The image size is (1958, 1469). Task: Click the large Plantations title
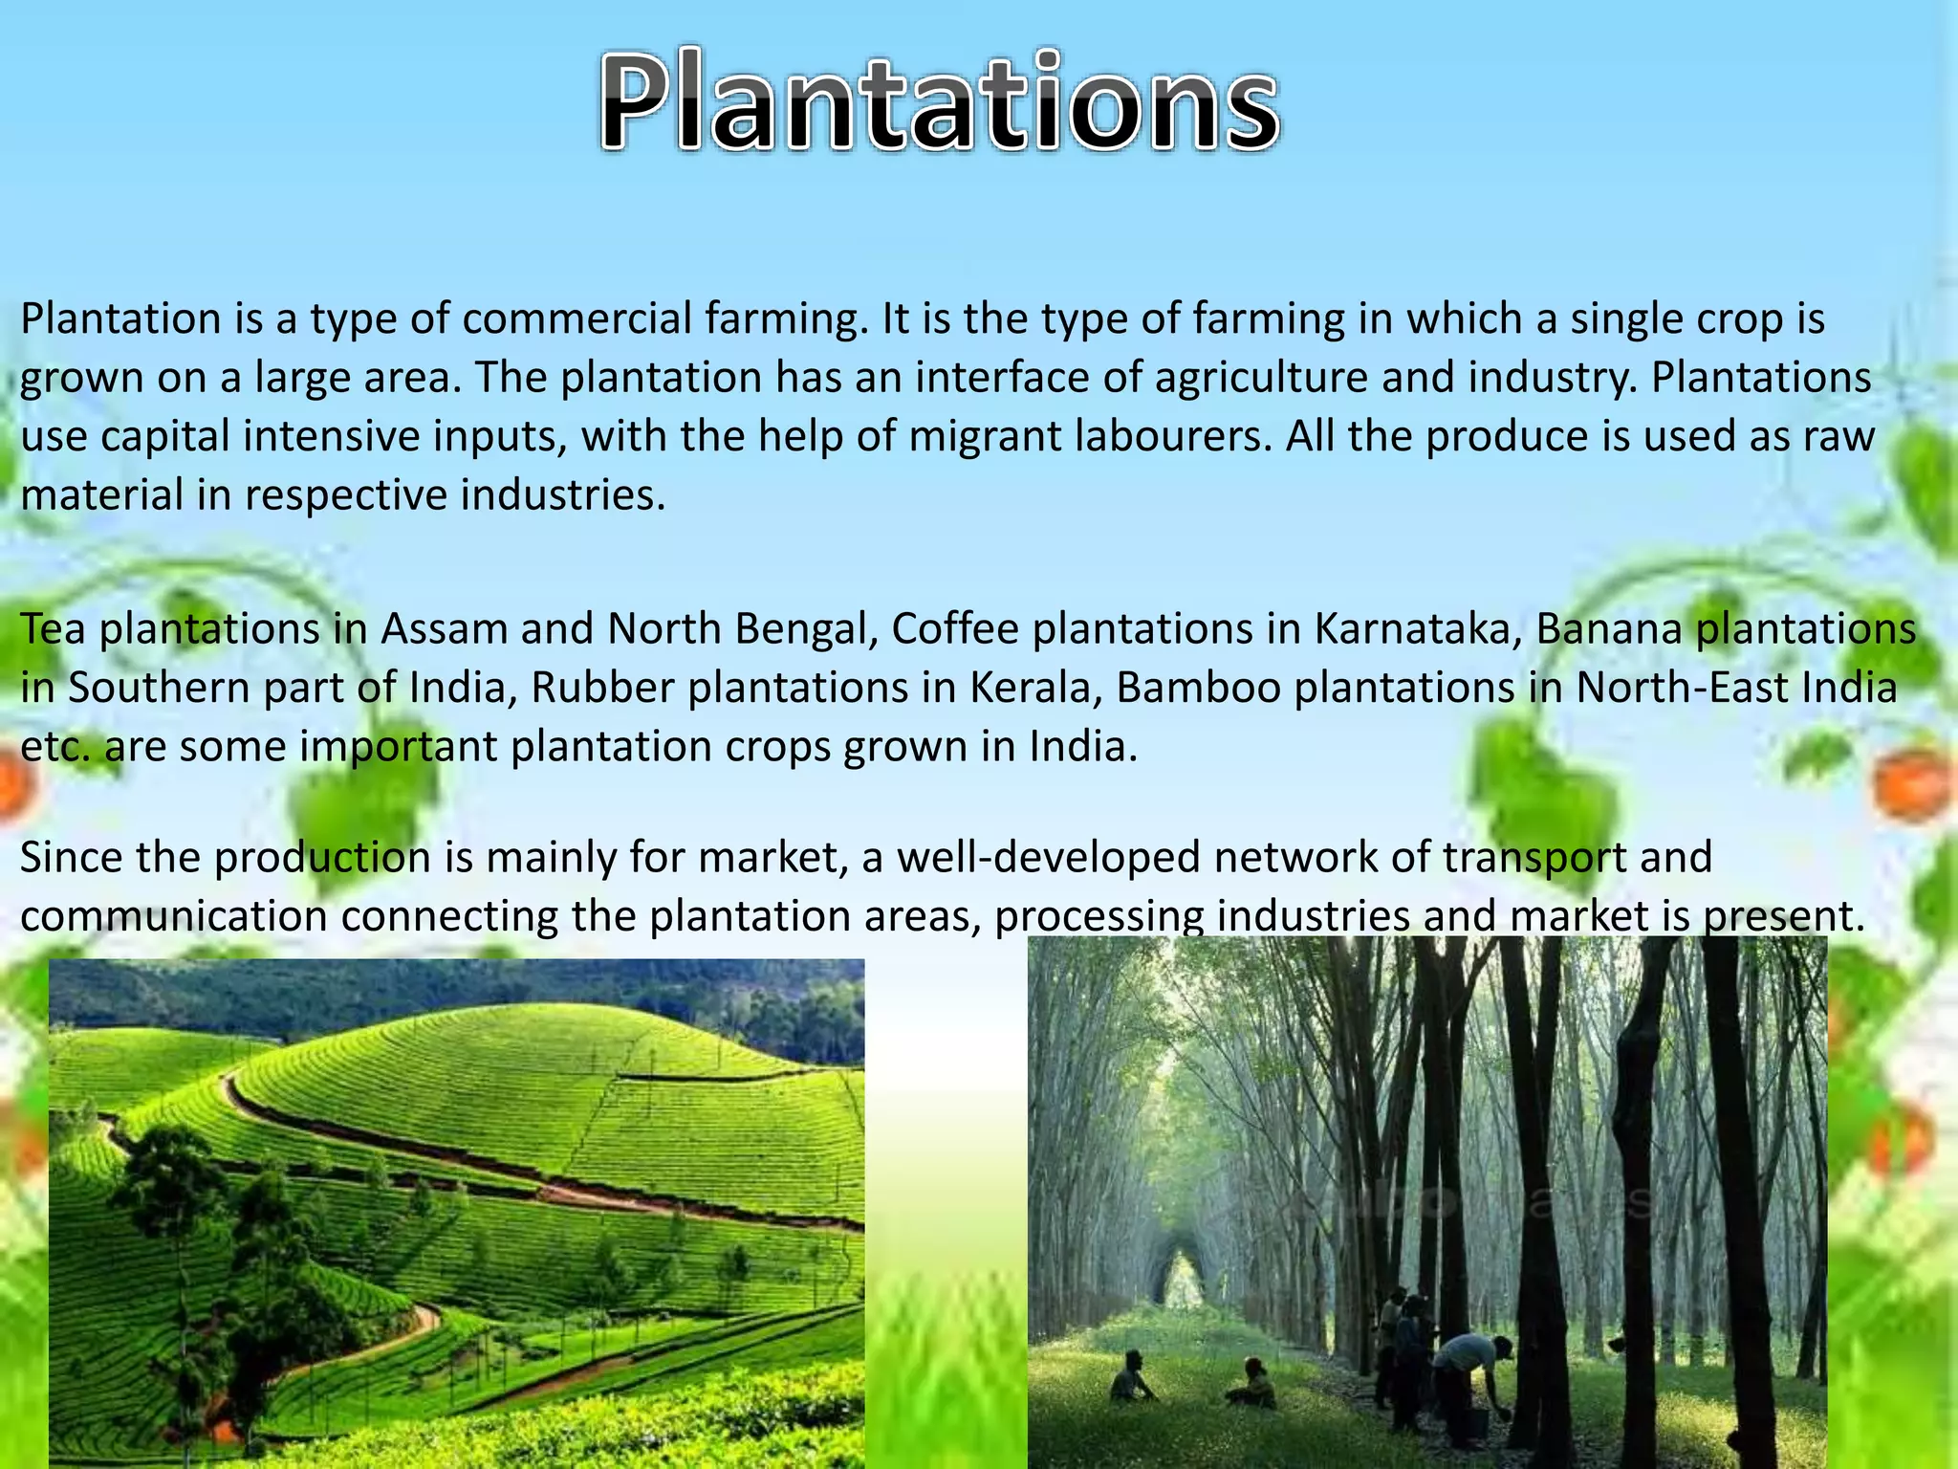click(x=939, y=103)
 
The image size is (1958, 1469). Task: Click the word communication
click(x=173, y=916)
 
